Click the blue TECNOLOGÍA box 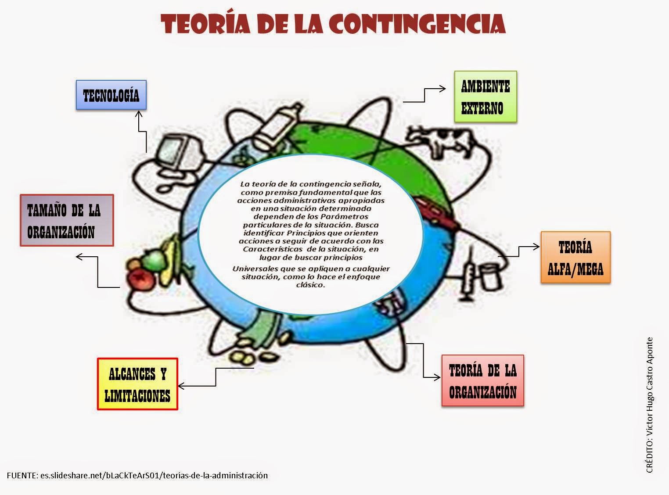[111, 95]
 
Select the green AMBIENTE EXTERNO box [486, 97]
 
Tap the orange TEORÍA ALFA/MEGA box [575, 257]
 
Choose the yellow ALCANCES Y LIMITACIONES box [137, 384]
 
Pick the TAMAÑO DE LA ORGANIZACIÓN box [67, 220]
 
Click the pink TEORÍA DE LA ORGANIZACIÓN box [482, 380]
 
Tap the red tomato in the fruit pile [140, 278]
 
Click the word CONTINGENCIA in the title [417, 24]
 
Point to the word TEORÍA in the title [205, 24]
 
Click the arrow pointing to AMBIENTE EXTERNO [425, 94]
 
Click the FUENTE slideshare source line [137, 475]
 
